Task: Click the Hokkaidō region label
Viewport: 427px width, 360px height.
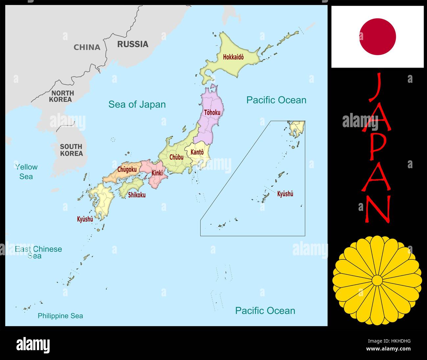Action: pos(233,57)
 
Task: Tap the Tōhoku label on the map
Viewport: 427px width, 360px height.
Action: pos(212,112)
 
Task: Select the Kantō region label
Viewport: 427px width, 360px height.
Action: pos(197,152)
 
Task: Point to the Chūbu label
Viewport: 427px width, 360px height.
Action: pos(176,157)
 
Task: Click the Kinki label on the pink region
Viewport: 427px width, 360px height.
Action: pos(157,173)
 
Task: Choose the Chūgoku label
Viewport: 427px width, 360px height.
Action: pos(127,169)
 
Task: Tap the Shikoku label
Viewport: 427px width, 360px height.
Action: pos(137,195)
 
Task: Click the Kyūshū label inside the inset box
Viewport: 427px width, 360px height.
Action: pos(285,194)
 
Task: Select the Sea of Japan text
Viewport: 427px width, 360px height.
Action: pos(137,104)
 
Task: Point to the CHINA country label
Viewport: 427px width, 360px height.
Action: pos(87,47)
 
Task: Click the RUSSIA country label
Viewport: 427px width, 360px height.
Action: pos(133,44)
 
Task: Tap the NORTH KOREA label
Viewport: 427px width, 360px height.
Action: pos(62,96)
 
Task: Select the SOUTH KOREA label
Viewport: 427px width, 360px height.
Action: pos(71,150)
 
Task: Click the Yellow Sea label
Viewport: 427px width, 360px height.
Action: pos(26,171)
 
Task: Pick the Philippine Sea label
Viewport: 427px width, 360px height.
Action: pos(60,316)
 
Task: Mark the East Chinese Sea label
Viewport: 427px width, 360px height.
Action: pos(38,252)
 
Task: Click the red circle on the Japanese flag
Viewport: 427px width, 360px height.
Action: pos(377,36)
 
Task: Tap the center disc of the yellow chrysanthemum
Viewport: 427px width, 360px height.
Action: pos(377,280)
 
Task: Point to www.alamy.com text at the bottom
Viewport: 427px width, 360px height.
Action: pos(388,349)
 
